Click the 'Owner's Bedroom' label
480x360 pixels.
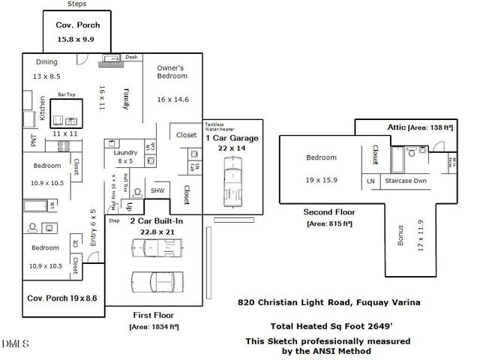172,72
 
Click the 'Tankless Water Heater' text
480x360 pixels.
219,127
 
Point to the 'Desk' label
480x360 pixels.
131,57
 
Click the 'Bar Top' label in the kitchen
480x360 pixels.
67,95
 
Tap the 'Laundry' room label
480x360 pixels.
125,152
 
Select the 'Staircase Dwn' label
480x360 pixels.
406,181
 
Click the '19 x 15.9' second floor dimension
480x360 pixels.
321,180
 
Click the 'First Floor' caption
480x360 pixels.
153,315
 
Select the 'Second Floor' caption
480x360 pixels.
328,212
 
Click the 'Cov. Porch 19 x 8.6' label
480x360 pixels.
61,298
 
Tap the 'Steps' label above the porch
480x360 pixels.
76,4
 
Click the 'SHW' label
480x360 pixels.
157,190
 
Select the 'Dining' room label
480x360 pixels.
46,62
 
